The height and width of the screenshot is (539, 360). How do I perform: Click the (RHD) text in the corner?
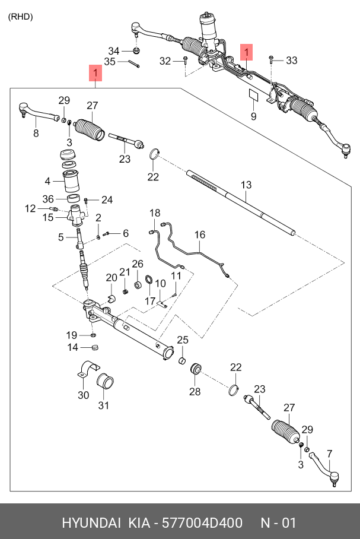[21, 17]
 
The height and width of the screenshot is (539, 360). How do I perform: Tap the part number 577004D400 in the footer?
[202, 523]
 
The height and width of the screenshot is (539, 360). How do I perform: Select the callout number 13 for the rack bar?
[246, 185]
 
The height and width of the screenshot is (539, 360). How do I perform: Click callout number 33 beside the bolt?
[291, 61]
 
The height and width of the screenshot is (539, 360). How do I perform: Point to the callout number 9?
[253, 116]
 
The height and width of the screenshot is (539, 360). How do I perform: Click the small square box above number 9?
[253, 95]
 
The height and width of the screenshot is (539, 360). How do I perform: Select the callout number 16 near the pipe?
[200, 235]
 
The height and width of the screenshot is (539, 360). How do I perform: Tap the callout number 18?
[155, 213]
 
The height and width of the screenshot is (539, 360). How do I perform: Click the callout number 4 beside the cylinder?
[47, 181]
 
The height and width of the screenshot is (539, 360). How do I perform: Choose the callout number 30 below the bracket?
[84, 395]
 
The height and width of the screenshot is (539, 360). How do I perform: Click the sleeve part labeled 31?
[105, 382]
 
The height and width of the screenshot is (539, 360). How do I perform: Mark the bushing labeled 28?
[196, 369]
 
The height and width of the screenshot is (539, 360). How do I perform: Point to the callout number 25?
[183, 340]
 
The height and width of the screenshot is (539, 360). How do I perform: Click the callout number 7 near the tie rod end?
[329, 454]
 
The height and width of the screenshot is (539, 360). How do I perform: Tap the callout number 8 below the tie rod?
[36, 133]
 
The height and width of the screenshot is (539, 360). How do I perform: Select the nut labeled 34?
[136, 51]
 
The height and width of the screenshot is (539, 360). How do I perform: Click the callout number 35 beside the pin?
[110, 62]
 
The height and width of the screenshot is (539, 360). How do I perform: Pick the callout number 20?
[111, 277]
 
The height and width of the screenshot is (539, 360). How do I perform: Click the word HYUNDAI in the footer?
[91, 523]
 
